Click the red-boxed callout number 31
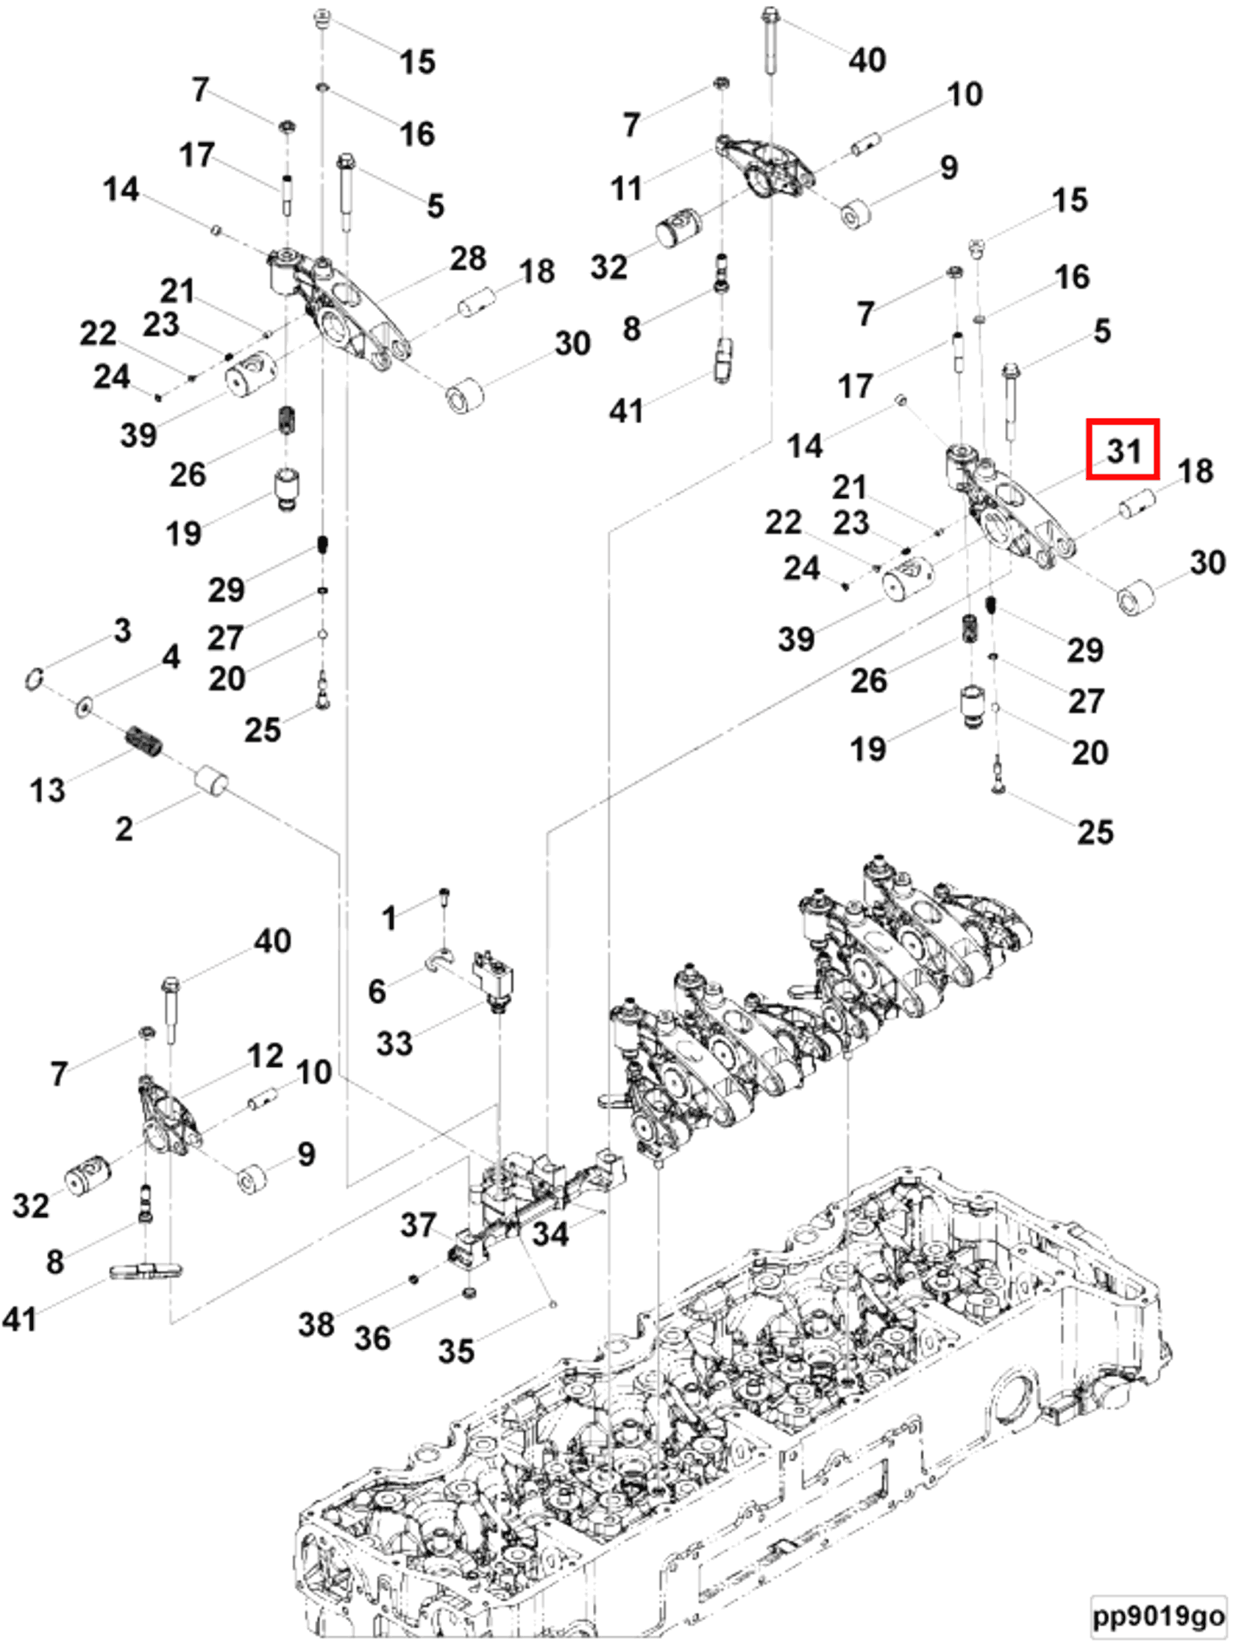coord(1122,450)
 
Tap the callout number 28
coord(467,258)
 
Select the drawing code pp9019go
coord(1158,1616)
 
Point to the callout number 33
coord(394,1043)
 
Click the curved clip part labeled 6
coord(440,960)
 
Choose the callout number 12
coord(266,1056)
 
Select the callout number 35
coord(456,1351)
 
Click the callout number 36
coord(372,1338)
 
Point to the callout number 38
coord(316,1325)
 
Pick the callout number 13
coord(48,790)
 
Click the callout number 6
coord(377,991)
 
